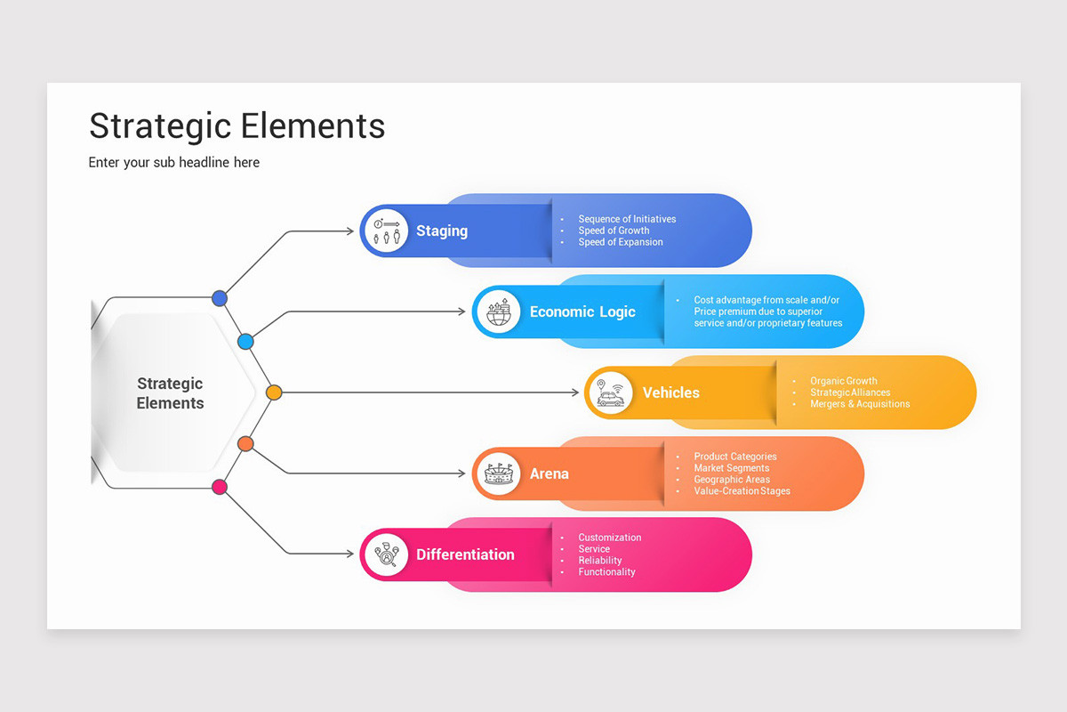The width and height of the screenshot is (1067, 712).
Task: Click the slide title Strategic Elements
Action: [237, 125]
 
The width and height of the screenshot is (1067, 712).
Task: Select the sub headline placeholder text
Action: [174, 162]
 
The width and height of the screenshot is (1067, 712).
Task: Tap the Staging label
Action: [441, 231]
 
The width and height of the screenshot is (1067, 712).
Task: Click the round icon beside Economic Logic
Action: [498, 311]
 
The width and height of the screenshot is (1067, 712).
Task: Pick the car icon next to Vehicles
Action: [610, 392]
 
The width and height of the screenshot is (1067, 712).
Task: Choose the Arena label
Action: [549, 473]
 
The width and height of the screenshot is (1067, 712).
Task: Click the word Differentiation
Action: [465, 554]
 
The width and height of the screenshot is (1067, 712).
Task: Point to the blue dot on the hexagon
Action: [220, 298]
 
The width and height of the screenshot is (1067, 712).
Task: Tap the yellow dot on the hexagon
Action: [274, 392]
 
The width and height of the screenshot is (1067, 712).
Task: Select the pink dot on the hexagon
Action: [220, 486]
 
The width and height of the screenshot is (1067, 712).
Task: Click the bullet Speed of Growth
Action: [614, 231]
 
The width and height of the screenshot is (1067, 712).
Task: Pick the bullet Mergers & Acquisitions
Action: [860, 404]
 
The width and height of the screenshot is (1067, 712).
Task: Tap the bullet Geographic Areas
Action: [732, 480]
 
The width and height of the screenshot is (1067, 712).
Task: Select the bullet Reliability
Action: [600, 561]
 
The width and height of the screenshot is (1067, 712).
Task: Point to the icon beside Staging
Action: [386, 231]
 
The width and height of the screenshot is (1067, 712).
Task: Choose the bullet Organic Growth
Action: [843, 381]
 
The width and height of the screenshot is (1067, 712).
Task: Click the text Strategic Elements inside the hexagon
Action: [170, 393]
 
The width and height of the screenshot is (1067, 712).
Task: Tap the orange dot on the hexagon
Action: [246, 443]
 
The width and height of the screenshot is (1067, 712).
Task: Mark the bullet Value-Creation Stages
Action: [742, 491]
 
